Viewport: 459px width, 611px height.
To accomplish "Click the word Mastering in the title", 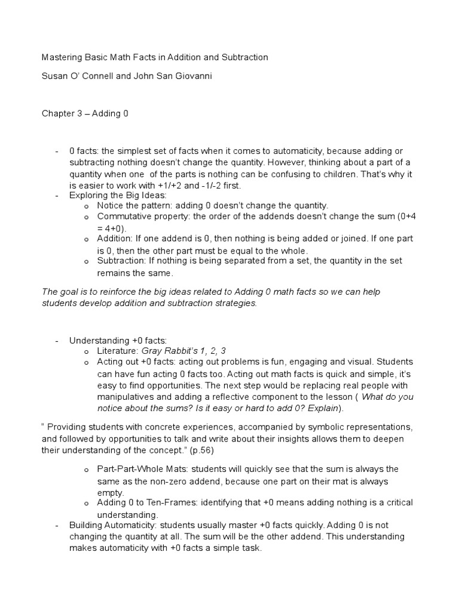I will tap(62, 57).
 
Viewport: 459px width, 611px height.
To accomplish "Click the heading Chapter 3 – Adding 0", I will tap(84, 113).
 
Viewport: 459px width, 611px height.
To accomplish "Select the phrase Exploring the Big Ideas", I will tap(118, 195).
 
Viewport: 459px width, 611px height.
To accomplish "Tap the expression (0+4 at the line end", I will tap(406, 217).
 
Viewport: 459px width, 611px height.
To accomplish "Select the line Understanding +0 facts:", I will tap(118, 340).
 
